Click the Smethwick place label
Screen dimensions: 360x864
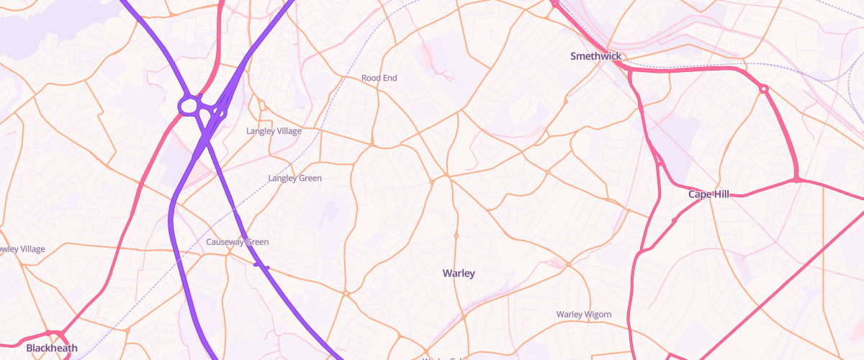tap(595, 55)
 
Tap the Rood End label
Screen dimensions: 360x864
tap(379, 78)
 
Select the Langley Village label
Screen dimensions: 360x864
tap(274, 131)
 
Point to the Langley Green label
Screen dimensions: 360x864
tap(294, 178)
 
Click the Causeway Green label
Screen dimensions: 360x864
tap(237, 242)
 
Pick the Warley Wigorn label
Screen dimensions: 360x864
tap(584, 315)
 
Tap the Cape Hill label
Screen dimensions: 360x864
tap(708, 194)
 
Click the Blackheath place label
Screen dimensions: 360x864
tap(51, 348)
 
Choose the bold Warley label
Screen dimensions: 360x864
tap(459, 274)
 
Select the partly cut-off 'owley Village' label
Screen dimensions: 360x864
tap(22, 249)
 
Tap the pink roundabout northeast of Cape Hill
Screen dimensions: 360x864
tap(763, 89)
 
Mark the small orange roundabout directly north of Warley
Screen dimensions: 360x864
tap(456, 235)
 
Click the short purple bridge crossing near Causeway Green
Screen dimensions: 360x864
tap(261, 267)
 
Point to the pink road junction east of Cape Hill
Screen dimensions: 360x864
tap(797, 179)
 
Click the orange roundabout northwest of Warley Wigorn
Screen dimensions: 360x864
tap(568, 265)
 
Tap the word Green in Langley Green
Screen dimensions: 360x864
tap(310, 178)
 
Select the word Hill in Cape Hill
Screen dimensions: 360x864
tap(719, 194)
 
